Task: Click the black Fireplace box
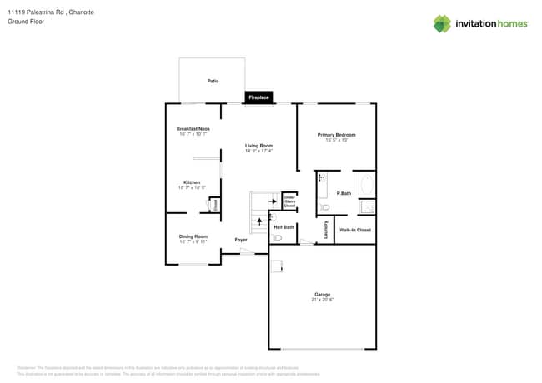[258, 97]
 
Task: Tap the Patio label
[213, 81]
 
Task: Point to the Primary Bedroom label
[336, 135]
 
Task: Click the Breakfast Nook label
[193, 128]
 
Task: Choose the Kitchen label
[192, 182]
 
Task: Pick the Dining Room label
[193, 236]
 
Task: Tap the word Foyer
[240, 240]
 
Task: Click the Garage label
[322, 294]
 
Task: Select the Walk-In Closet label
[355, 229]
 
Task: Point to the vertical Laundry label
[324, 228]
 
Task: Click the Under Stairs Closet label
[289, 201]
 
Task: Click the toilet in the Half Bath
[278, 238]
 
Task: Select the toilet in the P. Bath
[325, 207]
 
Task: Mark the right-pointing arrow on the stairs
[270, 201]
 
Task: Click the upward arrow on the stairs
[258, 221]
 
